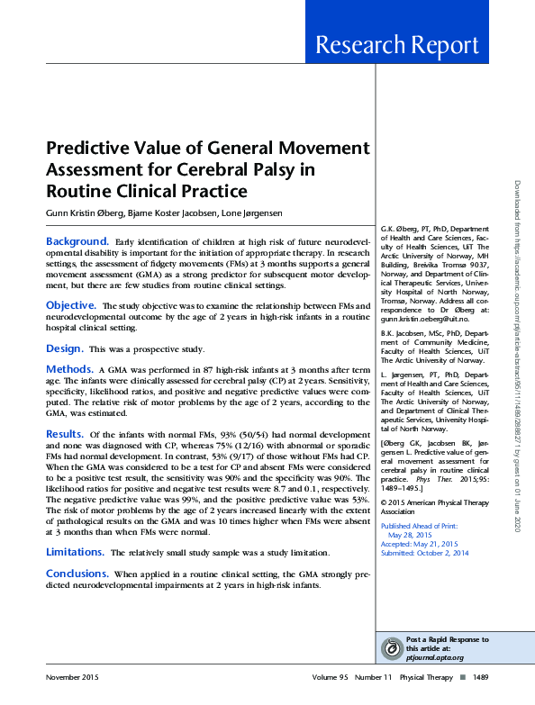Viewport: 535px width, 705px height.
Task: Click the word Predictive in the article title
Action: coord(89,149)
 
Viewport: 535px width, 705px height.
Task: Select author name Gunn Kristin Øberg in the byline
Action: coord(84,212)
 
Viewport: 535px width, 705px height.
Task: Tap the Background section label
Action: coord(77,241)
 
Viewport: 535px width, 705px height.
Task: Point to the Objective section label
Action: coord(71,306)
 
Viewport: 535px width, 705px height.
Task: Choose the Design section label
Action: coord(64,348)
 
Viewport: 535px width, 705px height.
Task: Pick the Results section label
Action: coord(65,434)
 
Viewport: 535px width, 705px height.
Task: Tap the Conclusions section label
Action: coord(77,574)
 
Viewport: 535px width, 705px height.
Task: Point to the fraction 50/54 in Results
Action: coord(198,436)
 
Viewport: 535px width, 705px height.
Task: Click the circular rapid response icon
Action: coord(392,647)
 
